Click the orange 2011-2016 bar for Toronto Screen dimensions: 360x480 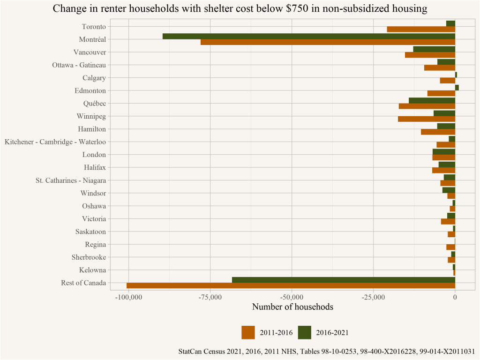coord(421,30)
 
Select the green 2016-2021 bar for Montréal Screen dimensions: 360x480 coord(309,36)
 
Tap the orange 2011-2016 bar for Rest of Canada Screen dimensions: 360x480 coord(291,285)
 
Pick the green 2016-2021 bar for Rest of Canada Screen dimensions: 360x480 coord(344,280)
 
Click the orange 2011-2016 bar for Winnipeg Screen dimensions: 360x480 coord(427,119)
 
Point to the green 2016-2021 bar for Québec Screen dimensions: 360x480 coord(432,100)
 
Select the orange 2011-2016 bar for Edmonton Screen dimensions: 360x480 coord(441,93)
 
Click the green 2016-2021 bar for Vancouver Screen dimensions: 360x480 coord(434,49)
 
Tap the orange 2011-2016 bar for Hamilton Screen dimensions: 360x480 coord(438,132)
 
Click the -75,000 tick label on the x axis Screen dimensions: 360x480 coord(210,297)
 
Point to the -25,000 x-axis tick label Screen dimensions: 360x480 coord(373,297)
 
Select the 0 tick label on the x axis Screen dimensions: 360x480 coord(455,297)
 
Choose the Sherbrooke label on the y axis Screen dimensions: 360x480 coord(89,257)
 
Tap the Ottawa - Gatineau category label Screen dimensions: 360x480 coord(79,65)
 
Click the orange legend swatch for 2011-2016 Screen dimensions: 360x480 coord(248,332)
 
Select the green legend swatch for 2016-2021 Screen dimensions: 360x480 coord(305,332)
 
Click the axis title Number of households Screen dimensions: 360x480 coord(292,307)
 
